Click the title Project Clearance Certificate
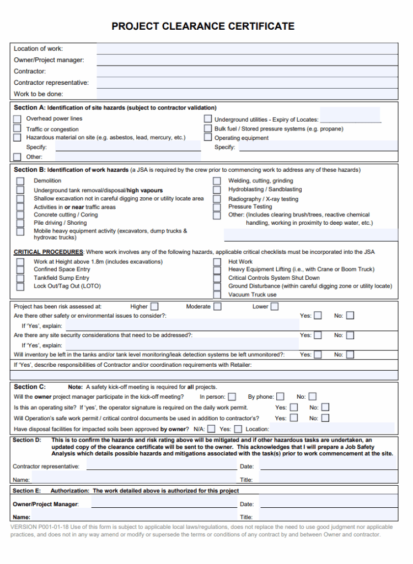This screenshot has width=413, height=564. (x=203, y=26)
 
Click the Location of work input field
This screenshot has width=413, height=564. (x=247, y=48)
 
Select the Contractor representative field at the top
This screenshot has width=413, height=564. (x=247, y=83)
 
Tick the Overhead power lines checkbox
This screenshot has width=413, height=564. (x=17, y=119)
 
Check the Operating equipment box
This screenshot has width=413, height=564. (x=207, y=138)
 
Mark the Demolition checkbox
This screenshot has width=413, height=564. (x=20, y=181)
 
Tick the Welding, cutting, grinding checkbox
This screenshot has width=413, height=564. (x=217, y=181)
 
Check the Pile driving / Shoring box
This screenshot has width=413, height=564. (x=20, y=223)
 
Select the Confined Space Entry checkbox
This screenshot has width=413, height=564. (x=20, y=270)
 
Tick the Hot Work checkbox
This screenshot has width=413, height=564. (x=217, y=262)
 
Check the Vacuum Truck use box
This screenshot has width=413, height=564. (x=217, y=295)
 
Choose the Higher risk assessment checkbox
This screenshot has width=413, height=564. (x=154, y=306)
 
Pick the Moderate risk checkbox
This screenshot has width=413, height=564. (x=218, y=306)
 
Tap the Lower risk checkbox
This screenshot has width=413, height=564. (x=275, y=306)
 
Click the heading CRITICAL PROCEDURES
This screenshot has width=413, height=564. (x=49, y=252)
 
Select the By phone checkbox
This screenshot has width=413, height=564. (x=281, y=397)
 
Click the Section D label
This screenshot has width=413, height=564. (x=27, y=440)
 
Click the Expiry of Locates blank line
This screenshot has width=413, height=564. (x=350, y=120)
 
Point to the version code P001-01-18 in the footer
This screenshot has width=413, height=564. (x=54, y=527)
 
